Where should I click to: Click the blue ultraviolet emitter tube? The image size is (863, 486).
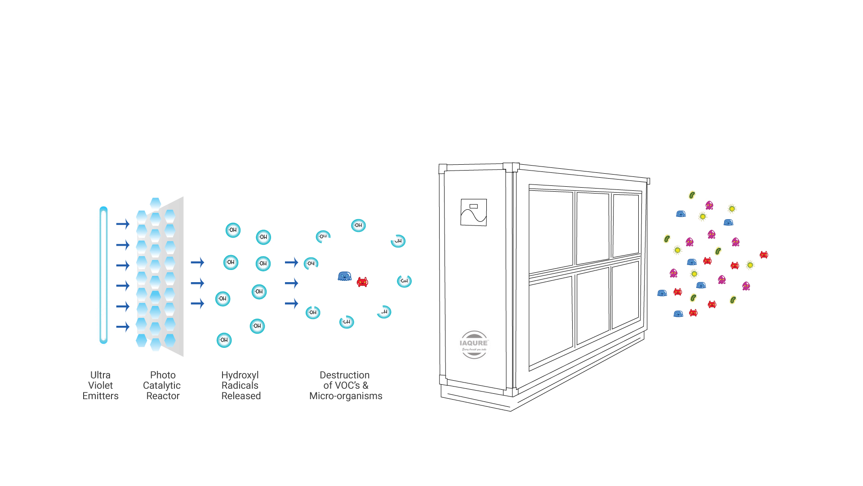103,275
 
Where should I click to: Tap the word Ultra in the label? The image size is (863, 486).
100,375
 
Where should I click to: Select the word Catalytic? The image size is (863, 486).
162,386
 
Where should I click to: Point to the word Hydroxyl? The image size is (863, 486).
240,375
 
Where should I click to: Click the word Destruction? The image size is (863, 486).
345,375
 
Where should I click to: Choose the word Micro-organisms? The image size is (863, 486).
346,396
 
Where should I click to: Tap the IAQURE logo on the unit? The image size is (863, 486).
474,344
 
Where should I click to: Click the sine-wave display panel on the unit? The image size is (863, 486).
474,212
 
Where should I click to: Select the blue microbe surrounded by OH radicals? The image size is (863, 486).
344,276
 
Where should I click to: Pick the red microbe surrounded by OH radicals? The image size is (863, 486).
362,282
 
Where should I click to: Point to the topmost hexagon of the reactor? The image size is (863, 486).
156,203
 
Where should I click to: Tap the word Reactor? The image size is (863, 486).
163,396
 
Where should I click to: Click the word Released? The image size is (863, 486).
241,396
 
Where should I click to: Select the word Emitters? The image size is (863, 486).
100,396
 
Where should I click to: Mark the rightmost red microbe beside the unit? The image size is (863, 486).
764,255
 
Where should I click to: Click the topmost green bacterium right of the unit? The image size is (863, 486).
692,195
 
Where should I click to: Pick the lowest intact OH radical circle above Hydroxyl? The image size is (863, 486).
224,340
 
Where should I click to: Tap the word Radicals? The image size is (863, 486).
240,386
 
